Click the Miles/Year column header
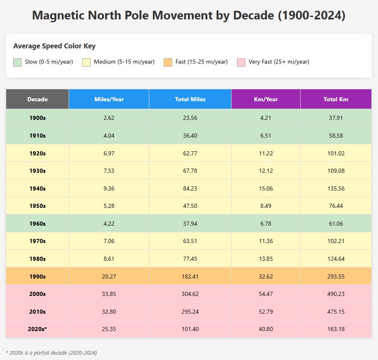point(109,99)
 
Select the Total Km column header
point(336,99)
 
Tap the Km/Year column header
point(266,99)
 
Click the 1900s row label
point(37,118)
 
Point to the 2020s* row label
point(37,329)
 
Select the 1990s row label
point(37,277)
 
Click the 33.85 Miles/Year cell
point(109,294)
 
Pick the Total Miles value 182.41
point(190,277)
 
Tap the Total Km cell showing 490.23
point(336,294)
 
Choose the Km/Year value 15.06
point(266,188)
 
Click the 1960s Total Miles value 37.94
point(190,224)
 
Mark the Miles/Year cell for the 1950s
point(109,206)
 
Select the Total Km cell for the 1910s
point(336,136)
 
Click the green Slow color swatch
point(17,62)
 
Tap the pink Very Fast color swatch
point(241,62)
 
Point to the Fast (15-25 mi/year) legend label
point(201,62)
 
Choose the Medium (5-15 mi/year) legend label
point(124,62)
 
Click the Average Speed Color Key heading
point(54,46)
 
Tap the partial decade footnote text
point(51,353)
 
